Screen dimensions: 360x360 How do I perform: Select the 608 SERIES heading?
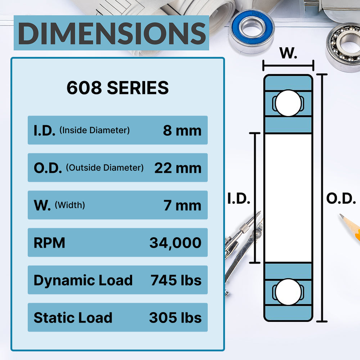click(118, 88)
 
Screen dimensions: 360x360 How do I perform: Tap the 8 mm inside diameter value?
click(182, 130)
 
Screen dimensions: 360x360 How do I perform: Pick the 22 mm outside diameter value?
click(177, 168)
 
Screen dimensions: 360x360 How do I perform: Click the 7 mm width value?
click(182, 205)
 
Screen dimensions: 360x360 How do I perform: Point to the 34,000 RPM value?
click(175, 243)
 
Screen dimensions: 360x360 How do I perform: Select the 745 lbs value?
click(176, 280)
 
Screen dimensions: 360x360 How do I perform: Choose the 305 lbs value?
click(175, 318)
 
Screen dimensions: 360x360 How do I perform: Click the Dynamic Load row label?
click(83, 280)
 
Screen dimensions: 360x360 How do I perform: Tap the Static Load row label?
click(73, 318)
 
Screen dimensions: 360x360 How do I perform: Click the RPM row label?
click(49, 243)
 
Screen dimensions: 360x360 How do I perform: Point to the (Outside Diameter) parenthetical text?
click(105, 167)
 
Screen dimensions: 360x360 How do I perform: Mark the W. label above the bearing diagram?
click(288, 53)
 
